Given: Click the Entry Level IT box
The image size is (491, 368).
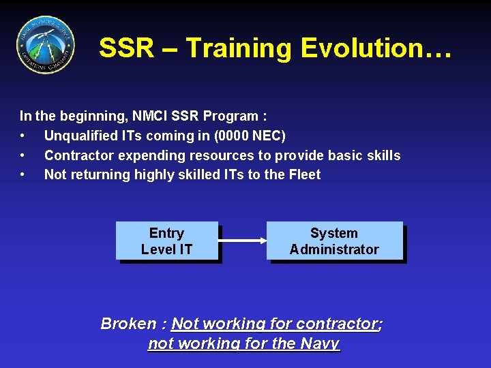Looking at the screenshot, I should [x=166, y=241].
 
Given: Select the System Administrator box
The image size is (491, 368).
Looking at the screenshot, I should [x=334, y=241].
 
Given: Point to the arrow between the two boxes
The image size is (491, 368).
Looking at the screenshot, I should [x=242, y=241].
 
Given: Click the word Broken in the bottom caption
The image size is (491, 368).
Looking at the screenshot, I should [x=128, y=324].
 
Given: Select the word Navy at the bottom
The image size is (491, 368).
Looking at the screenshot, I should [x=319, y=343].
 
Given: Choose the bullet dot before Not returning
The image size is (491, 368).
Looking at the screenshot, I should [x=24, y=175].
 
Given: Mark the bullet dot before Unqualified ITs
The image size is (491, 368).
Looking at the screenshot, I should [x=24, y=136].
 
